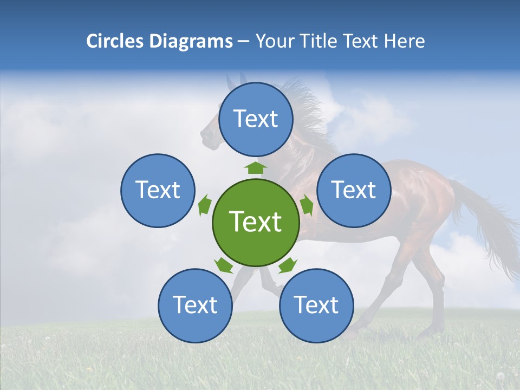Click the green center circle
click(x=255, y=222)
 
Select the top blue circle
click(x=256, y=119)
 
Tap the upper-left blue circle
click(x=158, y=190)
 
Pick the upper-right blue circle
click(x=353, y=190)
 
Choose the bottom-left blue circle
click(x=195, y=305)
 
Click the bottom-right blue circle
click(x=316, y=305)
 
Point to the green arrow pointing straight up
click(x=256, y=167)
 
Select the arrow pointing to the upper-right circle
click(x=306, y=205)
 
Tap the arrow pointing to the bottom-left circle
click(x=223, y=265)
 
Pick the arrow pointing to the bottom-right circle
click(x=288, y=265)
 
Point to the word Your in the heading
click(x=273, y=41)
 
